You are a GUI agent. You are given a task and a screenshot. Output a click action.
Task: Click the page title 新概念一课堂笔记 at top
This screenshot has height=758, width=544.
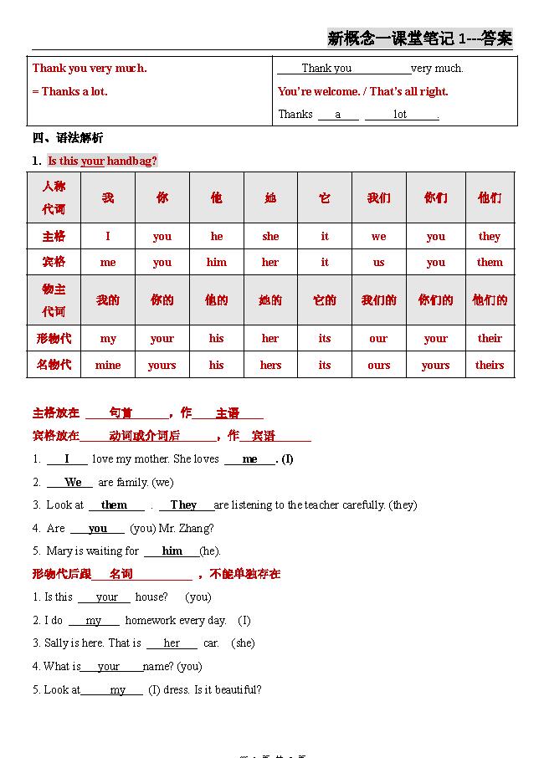click(x=390, y=38)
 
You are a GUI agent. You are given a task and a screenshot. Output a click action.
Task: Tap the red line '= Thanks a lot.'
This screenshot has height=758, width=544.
click(x=70, y=91)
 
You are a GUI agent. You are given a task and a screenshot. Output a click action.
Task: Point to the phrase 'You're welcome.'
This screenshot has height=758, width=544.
click(x=319, y=91)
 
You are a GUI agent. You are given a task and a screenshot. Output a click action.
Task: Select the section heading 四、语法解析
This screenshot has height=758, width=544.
click(x=68, y=138)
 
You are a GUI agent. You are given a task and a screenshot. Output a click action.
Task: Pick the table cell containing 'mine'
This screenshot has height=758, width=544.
click(x=108, y=365)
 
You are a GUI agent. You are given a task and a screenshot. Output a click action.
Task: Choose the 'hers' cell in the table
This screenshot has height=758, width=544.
click(x=270, y=365)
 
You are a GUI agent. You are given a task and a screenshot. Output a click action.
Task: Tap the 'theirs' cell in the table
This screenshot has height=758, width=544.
click(x=490, y=365)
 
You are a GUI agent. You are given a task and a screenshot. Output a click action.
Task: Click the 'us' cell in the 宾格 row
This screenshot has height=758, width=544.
click(x=379, y=262)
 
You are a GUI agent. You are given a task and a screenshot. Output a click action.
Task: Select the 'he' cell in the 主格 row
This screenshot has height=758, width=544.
click(x=217, y=236)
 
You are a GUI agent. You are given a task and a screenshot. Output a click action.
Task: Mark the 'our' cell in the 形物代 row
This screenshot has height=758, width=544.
click(x=378, y=339)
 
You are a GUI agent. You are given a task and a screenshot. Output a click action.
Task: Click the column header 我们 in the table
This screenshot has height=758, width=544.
click(x=379, y=198)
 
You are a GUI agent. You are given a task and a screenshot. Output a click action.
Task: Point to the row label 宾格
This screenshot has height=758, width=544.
click(x=54, y=262)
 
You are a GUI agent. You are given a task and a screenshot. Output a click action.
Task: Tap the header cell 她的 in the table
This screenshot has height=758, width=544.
click(x=270, y=300)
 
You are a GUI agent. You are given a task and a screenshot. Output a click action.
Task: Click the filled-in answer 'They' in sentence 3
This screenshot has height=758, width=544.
click(x=183, y=505)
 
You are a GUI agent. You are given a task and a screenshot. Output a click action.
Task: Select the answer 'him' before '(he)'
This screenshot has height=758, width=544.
click(x=172, y=551)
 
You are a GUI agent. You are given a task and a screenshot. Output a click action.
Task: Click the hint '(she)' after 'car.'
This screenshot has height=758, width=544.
click(x=243, y=643)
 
